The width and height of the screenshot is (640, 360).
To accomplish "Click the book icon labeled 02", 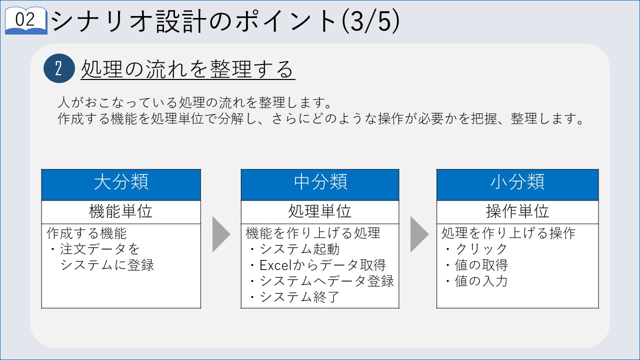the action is (26, 20).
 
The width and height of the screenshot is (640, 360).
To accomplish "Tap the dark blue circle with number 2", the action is (59, 68).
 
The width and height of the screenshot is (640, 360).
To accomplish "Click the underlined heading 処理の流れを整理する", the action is (187, 69).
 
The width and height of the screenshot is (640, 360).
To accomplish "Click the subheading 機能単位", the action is (120, 211).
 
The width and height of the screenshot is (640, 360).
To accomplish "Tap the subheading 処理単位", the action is (319, 211).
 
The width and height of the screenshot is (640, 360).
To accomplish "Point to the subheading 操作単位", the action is (517, 211).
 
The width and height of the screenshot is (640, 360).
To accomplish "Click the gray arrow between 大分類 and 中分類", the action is (221, 234).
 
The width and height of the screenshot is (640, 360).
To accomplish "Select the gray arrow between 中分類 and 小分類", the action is (419, 234).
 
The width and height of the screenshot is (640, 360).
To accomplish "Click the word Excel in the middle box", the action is (275, 265).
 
